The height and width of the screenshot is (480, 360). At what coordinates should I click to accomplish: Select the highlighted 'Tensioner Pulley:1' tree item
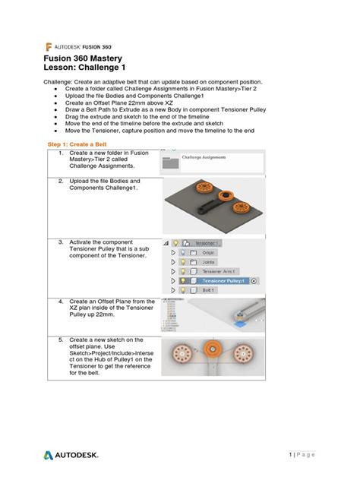coord(219,279)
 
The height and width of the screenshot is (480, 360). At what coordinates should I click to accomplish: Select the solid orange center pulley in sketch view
coord(212,354)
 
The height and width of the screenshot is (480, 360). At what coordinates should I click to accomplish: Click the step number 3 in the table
coord(60,242)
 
